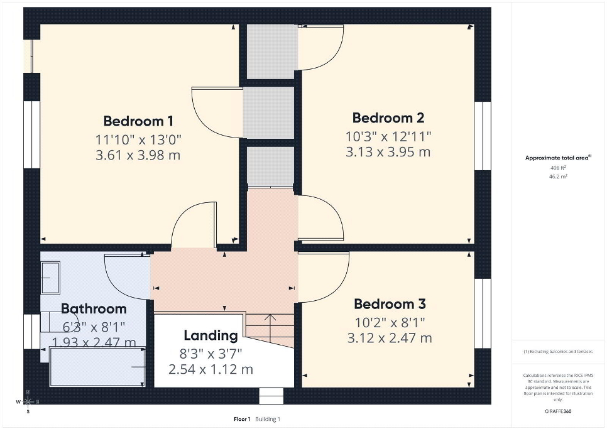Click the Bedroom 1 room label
[x=138, y=121]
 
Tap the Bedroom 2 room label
[x=388, y=117]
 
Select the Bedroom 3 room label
[x=390, y=304]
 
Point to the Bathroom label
[x=94, y=308]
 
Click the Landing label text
[x=211, y=336]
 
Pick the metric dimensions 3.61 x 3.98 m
[x=138, y=155]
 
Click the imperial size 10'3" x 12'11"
[x=388, y=136]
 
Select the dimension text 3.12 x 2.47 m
[x=390, y=338]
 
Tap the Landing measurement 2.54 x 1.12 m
[x=211, y=369]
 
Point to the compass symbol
[x=28, y=401]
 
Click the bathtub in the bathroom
[x=97, y=366]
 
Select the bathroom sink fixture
[x=51, y=278]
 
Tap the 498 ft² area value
[x=558, y=168]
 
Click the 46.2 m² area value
[x=558, y=176]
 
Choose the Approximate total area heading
[x=558, y=158]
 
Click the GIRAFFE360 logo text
[x=558, y=411]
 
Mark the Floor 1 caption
[x=242, y=419]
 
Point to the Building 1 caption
[x=268, y=419]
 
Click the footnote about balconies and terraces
[x=558, y=352]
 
